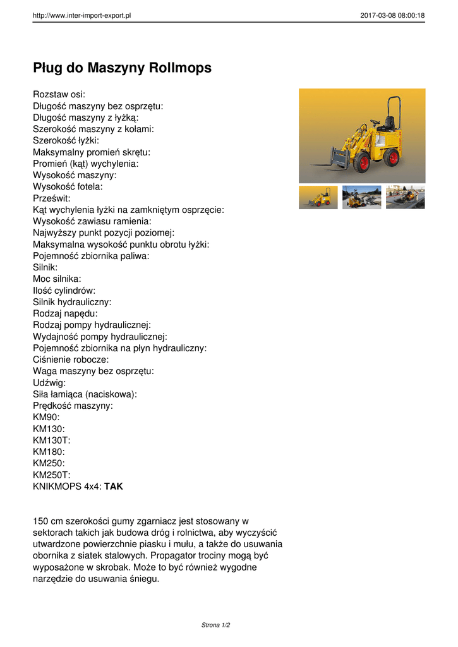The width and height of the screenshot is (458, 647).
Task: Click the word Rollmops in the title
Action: pos(180,68)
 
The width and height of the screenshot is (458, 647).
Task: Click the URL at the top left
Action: pos(81,16)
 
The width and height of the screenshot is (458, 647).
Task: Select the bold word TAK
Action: pos(114,487)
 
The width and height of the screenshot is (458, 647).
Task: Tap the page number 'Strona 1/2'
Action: pos(215,625)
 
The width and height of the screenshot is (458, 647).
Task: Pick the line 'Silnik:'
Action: pos(45,267)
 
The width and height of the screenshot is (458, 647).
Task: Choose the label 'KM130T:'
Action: pos(51,440)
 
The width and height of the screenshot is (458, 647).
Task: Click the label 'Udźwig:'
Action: pos(49,382)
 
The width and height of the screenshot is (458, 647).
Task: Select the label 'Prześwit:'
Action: pos(52,198)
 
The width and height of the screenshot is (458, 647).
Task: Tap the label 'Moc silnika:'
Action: pos(57,279)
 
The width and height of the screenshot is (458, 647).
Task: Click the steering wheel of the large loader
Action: pos(375,122)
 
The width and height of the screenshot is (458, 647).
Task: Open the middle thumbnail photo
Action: pos(361,197)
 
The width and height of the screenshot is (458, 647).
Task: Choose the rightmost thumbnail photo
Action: pos(405,197)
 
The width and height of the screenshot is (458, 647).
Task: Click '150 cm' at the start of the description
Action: pos(49,521)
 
